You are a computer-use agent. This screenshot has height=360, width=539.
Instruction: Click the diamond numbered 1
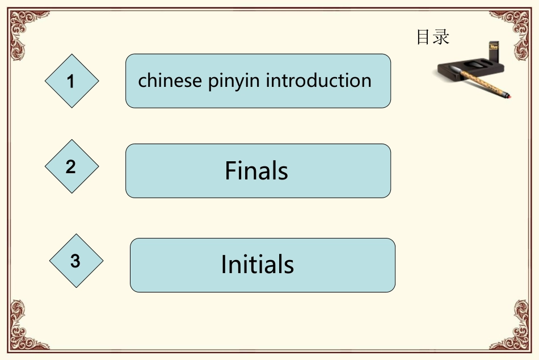click(x=71, y=81)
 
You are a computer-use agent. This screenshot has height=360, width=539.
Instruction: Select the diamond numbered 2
click(x=71, y=166)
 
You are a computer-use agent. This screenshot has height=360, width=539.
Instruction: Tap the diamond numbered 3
click(x=76, y=261)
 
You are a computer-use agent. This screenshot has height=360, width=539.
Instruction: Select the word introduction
click(x=319, y=81)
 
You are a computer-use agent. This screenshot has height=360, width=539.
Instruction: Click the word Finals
click(x=256, y=171)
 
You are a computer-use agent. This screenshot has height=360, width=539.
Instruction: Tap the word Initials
click(x=258, y=265)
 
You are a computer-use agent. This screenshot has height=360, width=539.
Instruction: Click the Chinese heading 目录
click(x=433, y=37)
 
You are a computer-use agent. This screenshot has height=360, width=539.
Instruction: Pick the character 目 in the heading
click(x=424, y=37)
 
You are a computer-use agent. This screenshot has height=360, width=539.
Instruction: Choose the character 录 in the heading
click(x=441, y=37)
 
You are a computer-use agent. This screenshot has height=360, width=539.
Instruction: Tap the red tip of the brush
click(x=511, y=96)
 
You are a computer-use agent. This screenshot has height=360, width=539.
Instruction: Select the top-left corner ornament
click(x=23, y=26)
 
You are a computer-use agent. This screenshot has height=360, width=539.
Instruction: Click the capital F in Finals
click(x=230, y=171)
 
